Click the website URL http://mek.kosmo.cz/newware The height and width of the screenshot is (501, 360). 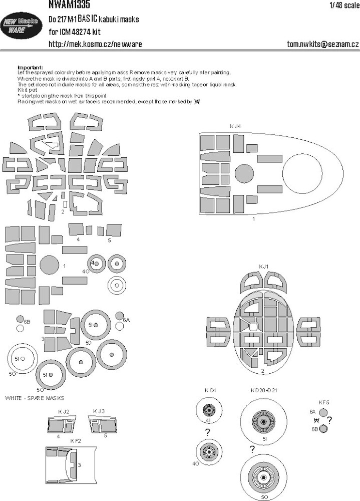click(x=95, y=45)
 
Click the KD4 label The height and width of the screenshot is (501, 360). click(x=209, y=390)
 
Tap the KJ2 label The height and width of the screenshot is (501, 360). click(x=63, y=411)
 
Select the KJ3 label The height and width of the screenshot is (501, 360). click(x=99, y=411)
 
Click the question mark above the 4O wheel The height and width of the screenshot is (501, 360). click(x=207, y=432)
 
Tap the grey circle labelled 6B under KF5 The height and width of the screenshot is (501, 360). click(x=324, y=428)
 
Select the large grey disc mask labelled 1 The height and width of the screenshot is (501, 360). click(x=49, y=266)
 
